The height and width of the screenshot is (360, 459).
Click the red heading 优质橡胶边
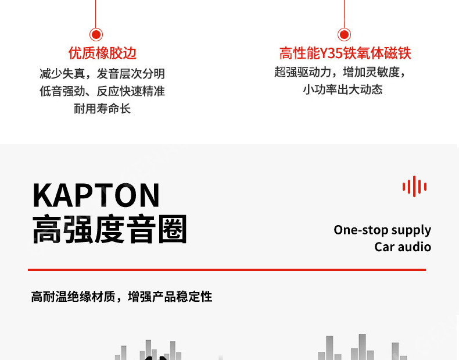click(x=102, y=54)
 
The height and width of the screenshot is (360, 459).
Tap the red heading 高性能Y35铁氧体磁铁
click(x=345, y=54)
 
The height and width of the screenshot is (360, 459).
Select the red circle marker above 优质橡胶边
click(x=96, y=35)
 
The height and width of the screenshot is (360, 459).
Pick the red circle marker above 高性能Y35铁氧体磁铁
click(x=345, y=35)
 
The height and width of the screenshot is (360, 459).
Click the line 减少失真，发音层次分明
click(x=102, y=74)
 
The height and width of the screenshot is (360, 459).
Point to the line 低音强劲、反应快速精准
click(x=102, y=91)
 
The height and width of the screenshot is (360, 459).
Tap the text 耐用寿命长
click(x=102, y=109)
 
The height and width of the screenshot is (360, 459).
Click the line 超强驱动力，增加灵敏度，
click(x=340, y=72)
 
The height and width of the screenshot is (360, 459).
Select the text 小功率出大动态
click(x=343, y=90)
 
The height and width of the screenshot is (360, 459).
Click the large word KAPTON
click(x=96, y=195)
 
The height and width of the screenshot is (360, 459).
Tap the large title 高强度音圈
click(x=110, y=229)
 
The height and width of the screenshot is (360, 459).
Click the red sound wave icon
click(x=414, y=187)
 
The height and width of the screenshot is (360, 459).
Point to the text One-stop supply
click(x=382, y=230)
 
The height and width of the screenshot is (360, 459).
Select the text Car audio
click(x=403, y=247)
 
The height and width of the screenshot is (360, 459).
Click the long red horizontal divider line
click(x=227, y=270)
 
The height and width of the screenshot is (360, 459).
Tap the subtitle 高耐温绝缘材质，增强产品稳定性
click(x=121, y=297)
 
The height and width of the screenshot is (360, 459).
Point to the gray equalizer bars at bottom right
click(x=360, y=348)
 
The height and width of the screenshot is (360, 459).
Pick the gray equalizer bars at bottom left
click(x=148, y=350)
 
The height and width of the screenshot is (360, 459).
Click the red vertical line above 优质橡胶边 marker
click(x=96, y=13)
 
